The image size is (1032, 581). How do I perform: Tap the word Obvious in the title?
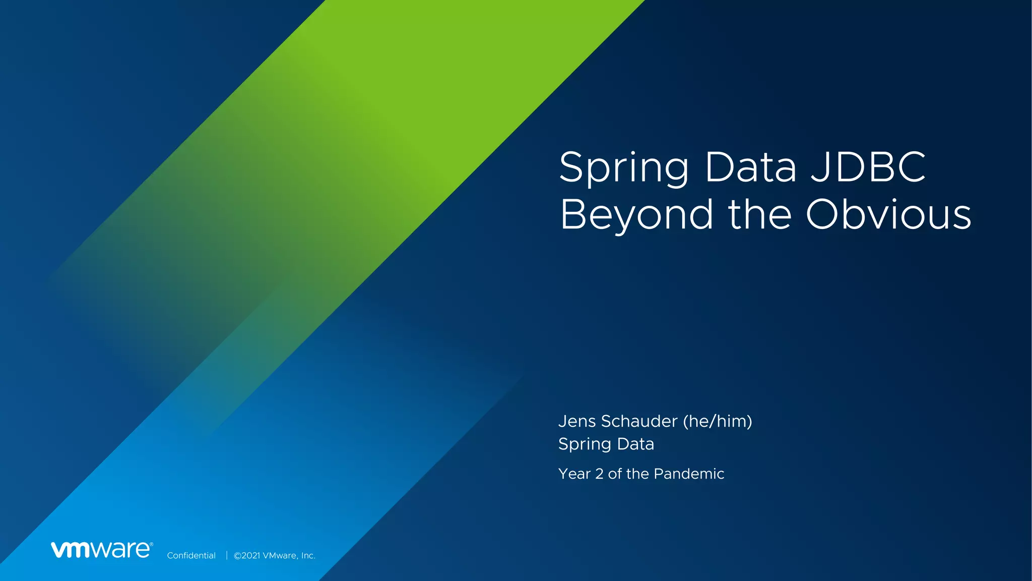click(888, 215)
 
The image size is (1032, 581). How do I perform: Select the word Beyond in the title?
click(636, 216)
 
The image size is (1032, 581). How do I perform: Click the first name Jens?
click(577, 421)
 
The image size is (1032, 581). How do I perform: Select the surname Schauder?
click(639, 421)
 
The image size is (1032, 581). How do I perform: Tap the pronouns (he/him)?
click(718, 421)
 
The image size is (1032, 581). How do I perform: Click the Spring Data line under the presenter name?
click(606, 444)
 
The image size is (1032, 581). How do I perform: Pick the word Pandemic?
click(689, 474)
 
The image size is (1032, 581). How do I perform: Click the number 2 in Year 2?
click(599, 474)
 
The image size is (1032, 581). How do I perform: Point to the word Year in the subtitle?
click(574, 474)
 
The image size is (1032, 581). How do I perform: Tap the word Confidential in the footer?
click(191, 556)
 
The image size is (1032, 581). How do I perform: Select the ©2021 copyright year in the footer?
click(247, 556)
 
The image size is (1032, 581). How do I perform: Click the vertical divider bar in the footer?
click(227, 555)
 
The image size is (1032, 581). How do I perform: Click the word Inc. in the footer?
click(308, 556)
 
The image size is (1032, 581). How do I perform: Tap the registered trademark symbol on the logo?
click(151, 544)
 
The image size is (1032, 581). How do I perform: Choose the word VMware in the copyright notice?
click(280, 556)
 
